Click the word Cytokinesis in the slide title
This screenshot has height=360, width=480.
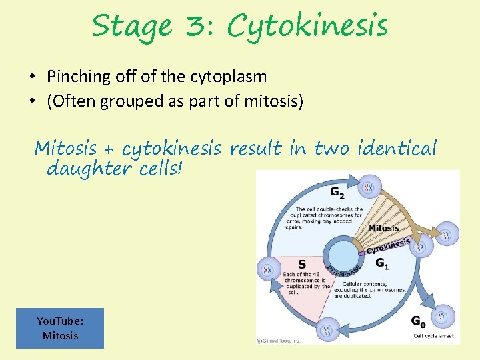pyautogui.click(x=307, y=27)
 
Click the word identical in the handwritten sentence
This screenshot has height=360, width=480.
pyautogui.click(x=397, y=147)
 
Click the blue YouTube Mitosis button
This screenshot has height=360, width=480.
pyautogui.click(x=60, y=328)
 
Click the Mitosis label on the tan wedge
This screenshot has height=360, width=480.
pyautogui.click(x=384, y=228)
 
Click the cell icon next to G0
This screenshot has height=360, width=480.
pyautogui.click(x=442, y=316)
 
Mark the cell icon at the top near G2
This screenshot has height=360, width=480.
pyautogui.click(x=367, y=187)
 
